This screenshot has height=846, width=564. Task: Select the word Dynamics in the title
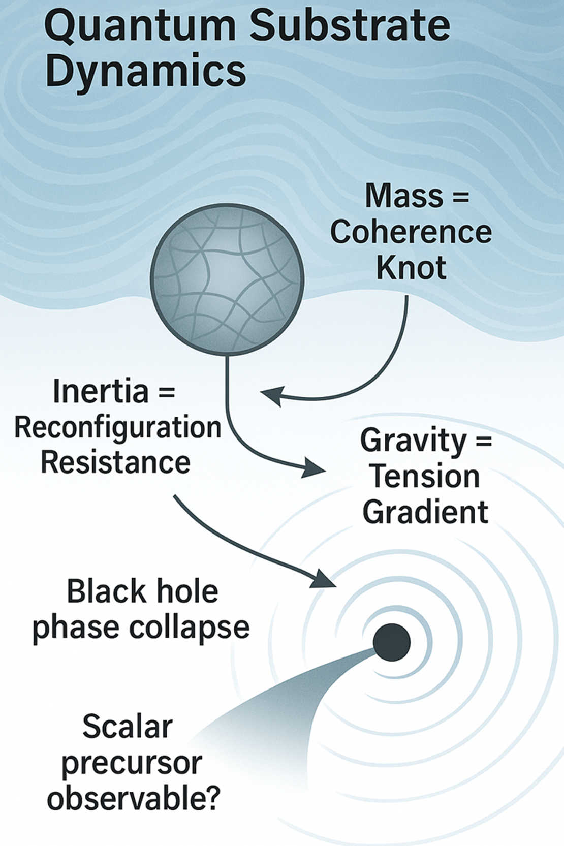tap(145, 71)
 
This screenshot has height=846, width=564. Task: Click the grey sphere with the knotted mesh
tap(227, 279)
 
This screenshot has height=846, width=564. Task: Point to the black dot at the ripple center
tap(391, 643)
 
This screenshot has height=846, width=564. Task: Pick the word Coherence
tap(411, 232)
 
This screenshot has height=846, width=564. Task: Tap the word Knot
tap(411, 268)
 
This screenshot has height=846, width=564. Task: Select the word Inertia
tap(101, 391)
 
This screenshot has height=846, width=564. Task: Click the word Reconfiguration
tap(118, 428)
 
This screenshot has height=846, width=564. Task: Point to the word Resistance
tap(115, 462)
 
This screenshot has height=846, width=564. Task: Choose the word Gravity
tap(413, 440)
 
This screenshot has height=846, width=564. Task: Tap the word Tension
tap(425, 476)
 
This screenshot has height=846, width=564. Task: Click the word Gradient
tap(425, 512)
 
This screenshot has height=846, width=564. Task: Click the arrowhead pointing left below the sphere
tap(272, 395)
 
